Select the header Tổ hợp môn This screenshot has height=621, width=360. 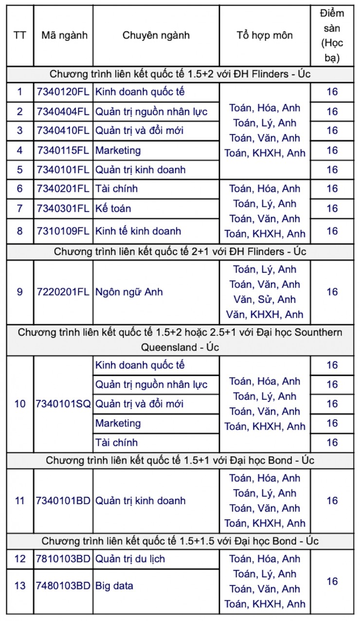click(265, 35)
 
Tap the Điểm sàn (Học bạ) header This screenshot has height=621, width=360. click(332, 35)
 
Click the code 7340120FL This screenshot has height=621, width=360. click(63, 91)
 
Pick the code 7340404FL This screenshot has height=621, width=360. click(63, 111)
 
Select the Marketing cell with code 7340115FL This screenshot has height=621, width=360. click(118, 150)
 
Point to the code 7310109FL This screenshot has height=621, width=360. click(63, 231)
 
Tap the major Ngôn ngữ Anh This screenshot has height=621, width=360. click(129, 292)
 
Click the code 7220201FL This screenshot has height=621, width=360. click(63, 292)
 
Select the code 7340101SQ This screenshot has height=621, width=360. click(63, 404)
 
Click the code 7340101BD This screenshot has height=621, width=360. click(63, 501)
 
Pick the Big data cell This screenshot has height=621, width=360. click(114, 585)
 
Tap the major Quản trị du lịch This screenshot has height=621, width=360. click(130, 559)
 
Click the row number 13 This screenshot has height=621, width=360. click(20, 585)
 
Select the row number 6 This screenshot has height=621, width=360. click(20, 188)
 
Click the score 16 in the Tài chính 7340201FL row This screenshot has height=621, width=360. click(332, 188)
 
